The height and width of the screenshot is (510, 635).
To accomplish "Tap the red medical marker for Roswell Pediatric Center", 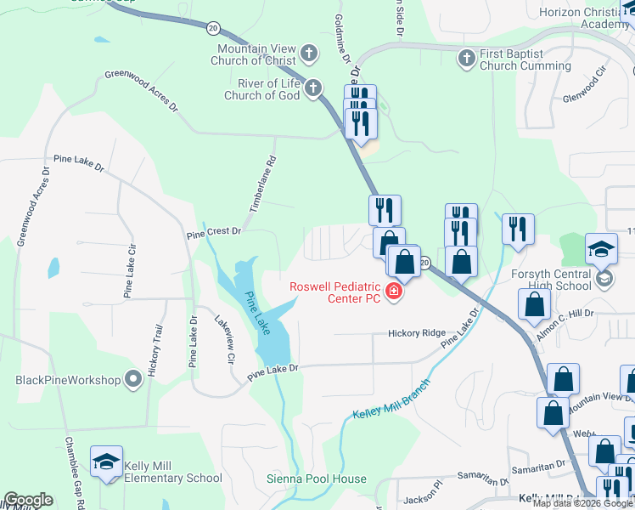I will coord(393,292).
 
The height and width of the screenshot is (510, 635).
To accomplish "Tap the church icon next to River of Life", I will coord(314,88).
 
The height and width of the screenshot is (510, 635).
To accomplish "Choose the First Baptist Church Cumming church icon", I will coord(465,59).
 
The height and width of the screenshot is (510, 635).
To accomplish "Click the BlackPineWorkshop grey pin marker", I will coord(133,379).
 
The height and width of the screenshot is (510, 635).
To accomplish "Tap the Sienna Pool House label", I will coord(317,479).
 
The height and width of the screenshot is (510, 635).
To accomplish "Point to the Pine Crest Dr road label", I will coord(214,230).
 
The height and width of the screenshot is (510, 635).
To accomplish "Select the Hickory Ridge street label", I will coord(416,333).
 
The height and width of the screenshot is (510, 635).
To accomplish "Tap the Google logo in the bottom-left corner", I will coord(28,500).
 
